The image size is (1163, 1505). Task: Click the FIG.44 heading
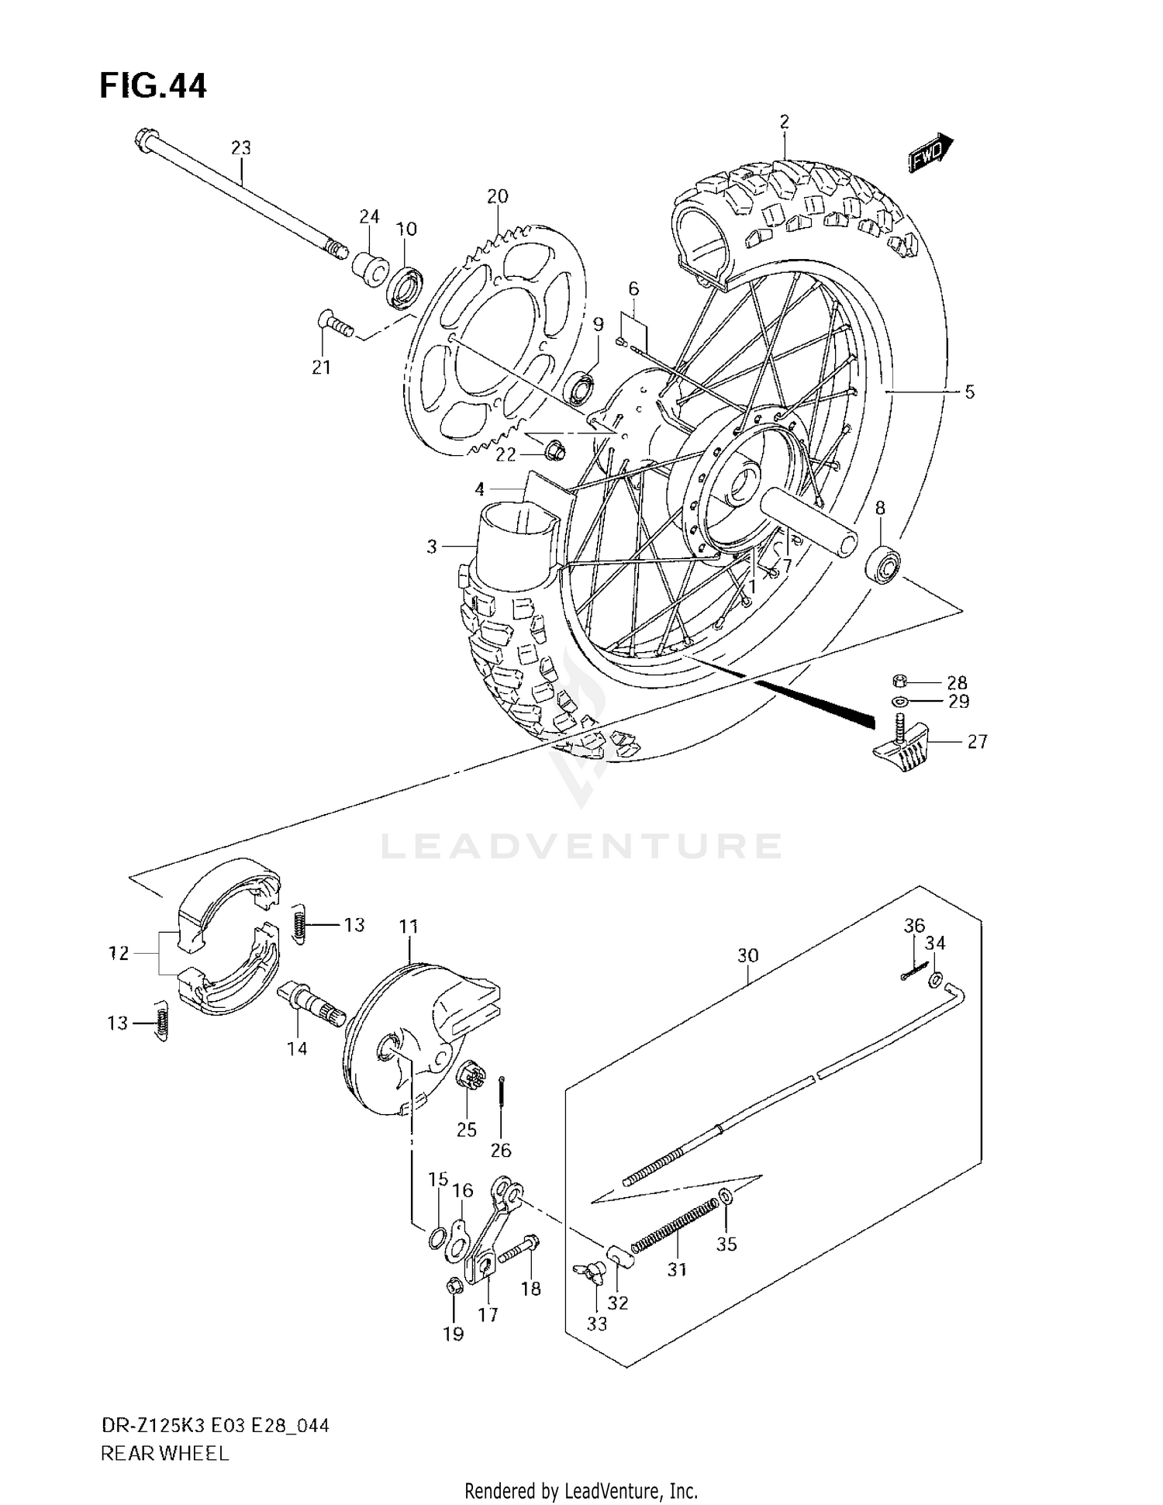pyautogui.click(x=153, y=86)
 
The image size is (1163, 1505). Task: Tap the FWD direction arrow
pyautogui.click(x=930, y=153)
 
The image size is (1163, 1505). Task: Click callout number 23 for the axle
pyautogui.click(x=241, y=147)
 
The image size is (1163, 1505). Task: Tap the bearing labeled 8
pyautogui.click(x=884, y=564)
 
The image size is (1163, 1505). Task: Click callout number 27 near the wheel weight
pyautogui.click(x=977, y=742)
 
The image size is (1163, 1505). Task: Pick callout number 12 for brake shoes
pyautogui.click(x=118, y=953)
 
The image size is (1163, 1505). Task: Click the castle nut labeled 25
pyautogui.click(x=471, y=1075)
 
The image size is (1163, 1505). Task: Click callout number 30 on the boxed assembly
pyautogui.click(x=747, y=956)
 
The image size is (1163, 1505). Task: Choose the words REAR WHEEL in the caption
pyautogui.click(x=164, y=1453)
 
